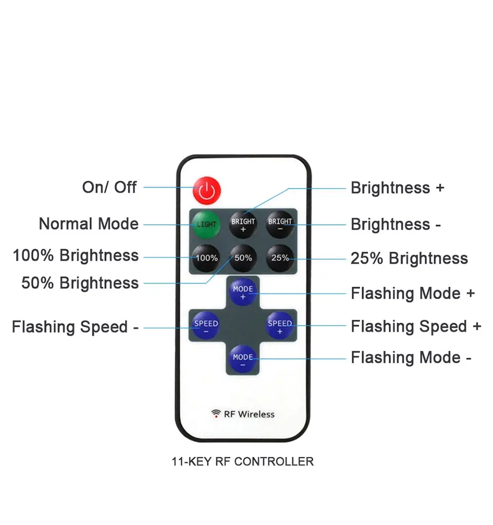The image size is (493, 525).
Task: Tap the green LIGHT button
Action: [206, 224]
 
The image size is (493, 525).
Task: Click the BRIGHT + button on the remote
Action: [243, 224]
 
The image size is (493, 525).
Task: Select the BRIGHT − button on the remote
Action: [280, 224]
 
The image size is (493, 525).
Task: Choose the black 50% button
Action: [243, 257]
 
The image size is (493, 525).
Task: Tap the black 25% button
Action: [280, 257]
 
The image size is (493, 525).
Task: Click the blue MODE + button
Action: [243, 292]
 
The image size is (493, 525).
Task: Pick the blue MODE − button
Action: [243, 360]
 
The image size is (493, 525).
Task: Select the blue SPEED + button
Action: [280, 326]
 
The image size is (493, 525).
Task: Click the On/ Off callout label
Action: [109, 187]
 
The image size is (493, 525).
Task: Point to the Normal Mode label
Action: [89, 224]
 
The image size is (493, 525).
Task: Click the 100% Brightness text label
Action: [76, 255]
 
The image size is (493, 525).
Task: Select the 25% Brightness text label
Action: [409, 258]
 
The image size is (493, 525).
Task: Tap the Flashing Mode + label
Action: [413, 293]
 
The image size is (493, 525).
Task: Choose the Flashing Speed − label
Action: [75, 327]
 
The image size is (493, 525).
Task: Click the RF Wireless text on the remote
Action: [243, 414]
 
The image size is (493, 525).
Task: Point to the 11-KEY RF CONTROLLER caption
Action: [242, 461]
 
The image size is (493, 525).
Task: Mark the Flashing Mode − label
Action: [411, 358]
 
